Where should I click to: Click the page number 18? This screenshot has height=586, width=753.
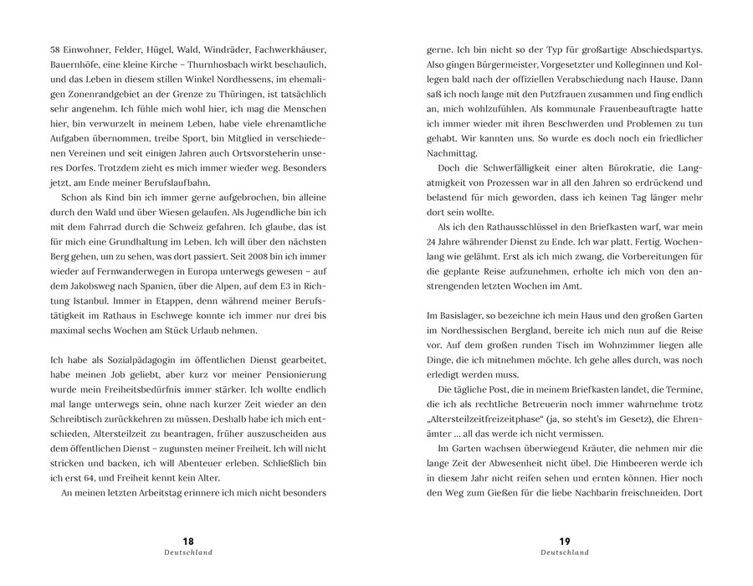[x=188, y=541]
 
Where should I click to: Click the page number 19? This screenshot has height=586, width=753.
[x=564, y=541]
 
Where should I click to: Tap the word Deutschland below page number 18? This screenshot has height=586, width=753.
[x=188, y=553]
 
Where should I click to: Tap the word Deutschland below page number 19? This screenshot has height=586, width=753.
[x=564, y=553]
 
